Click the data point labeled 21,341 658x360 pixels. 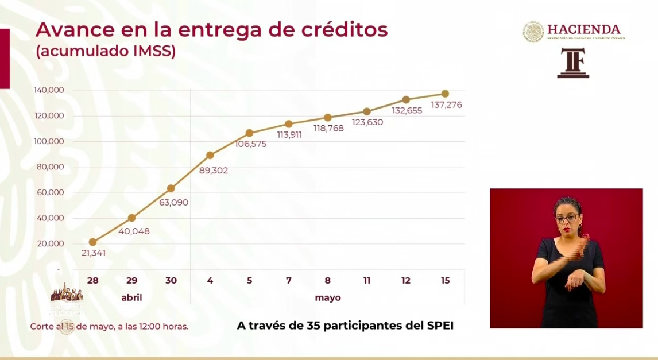coord(92,242)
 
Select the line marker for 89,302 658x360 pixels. coord(210,155)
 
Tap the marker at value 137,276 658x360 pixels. coord(445,94)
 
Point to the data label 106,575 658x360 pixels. coord(251,144)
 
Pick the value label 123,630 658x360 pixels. coord(367,122)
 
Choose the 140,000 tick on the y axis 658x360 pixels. coord(49,90)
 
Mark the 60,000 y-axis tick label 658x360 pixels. coord(50,192)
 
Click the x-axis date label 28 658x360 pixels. coord(92,281)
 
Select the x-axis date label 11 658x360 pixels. coord(367,281)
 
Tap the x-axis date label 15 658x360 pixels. coord(445,281)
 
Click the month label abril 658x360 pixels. coord(131,298)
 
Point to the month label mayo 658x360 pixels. coord(328,298)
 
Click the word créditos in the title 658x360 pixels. coord(339,29)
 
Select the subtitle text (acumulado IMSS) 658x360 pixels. coord(106,51)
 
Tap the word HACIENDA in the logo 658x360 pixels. coord(583,29)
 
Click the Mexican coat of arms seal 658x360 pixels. coord(533,32)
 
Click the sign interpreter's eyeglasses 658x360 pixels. coord(567,218)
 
